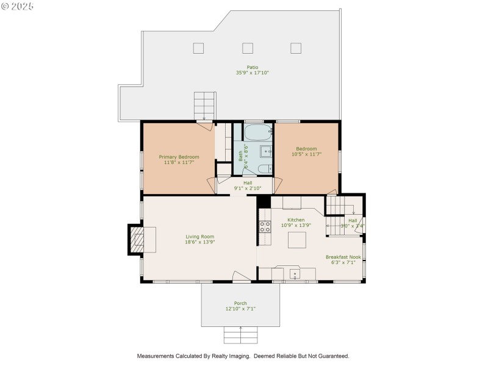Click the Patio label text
[x=253, y=67]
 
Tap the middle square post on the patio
[x=248, y=48]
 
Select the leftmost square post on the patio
[x=199, y=48]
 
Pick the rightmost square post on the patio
[x=296, y=48]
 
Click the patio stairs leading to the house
[x=204, y=106]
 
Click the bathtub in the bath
[x=253, y=132]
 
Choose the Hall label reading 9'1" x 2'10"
[x=248, y=188]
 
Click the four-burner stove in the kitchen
[x=265, y=228]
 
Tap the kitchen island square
[x=296, y=240]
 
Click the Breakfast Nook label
[x=343, y=257]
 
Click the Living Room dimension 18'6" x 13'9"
[x=200, y=242]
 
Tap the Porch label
[x=240, y=303]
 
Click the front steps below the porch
[x=240, y=334]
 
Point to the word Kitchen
[x=296, y=220]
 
